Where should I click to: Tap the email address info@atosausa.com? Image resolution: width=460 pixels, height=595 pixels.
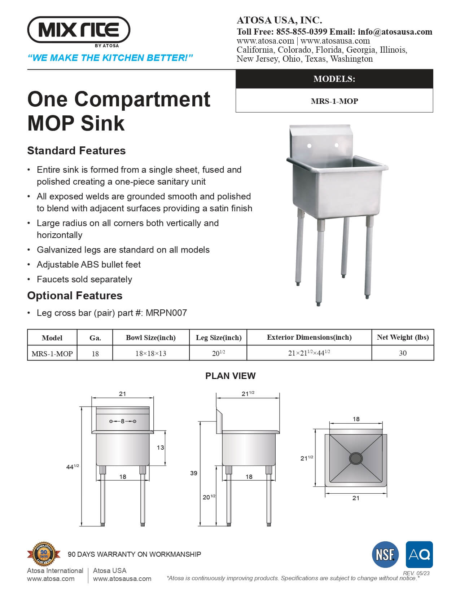click(395, 32)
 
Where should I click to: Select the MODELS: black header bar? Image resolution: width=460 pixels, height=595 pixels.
click(334, 79)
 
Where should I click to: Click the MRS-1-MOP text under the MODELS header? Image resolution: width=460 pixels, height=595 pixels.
click(334, 101)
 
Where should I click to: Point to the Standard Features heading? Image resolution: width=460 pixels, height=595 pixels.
click(76, 151)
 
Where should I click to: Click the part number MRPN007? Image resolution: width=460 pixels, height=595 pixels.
click(166, 313)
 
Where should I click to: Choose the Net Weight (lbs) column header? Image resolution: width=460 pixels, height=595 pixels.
click(403, 338)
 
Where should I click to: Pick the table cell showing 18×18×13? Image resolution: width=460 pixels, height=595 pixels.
click(151, 353)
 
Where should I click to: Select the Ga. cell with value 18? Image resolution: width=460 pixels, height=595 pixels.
click(95, 353)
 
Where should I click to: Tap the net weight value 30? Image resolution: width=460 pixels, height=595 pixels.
click(403, 353)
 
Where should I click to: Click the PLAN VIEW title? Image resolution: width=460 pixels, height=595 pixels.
click(230, 376)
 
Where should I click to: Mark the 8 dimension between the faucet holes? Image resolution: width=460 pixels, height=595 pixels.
click(123, 421)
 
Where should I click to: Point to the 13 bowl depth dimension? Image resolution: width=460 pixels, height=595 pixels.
click(160, 448)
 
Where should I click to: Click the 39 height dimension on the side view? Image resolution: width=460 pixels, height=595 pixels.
click(194, 473)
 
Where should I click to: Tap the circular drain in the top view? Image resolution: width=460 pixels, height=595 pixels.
click(356, 458)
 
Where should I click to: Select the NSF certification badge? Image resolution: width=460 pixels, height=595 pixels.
click(385, 555)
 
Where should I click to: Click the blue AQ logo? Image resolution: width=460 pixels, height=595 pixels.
click(419, 555)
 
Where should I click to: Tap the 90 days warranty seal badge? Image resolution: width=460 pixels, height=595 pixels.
click(43, 554)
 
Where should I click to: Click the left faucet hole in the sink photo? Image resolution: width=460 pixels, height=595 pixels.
click(309, 146)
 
